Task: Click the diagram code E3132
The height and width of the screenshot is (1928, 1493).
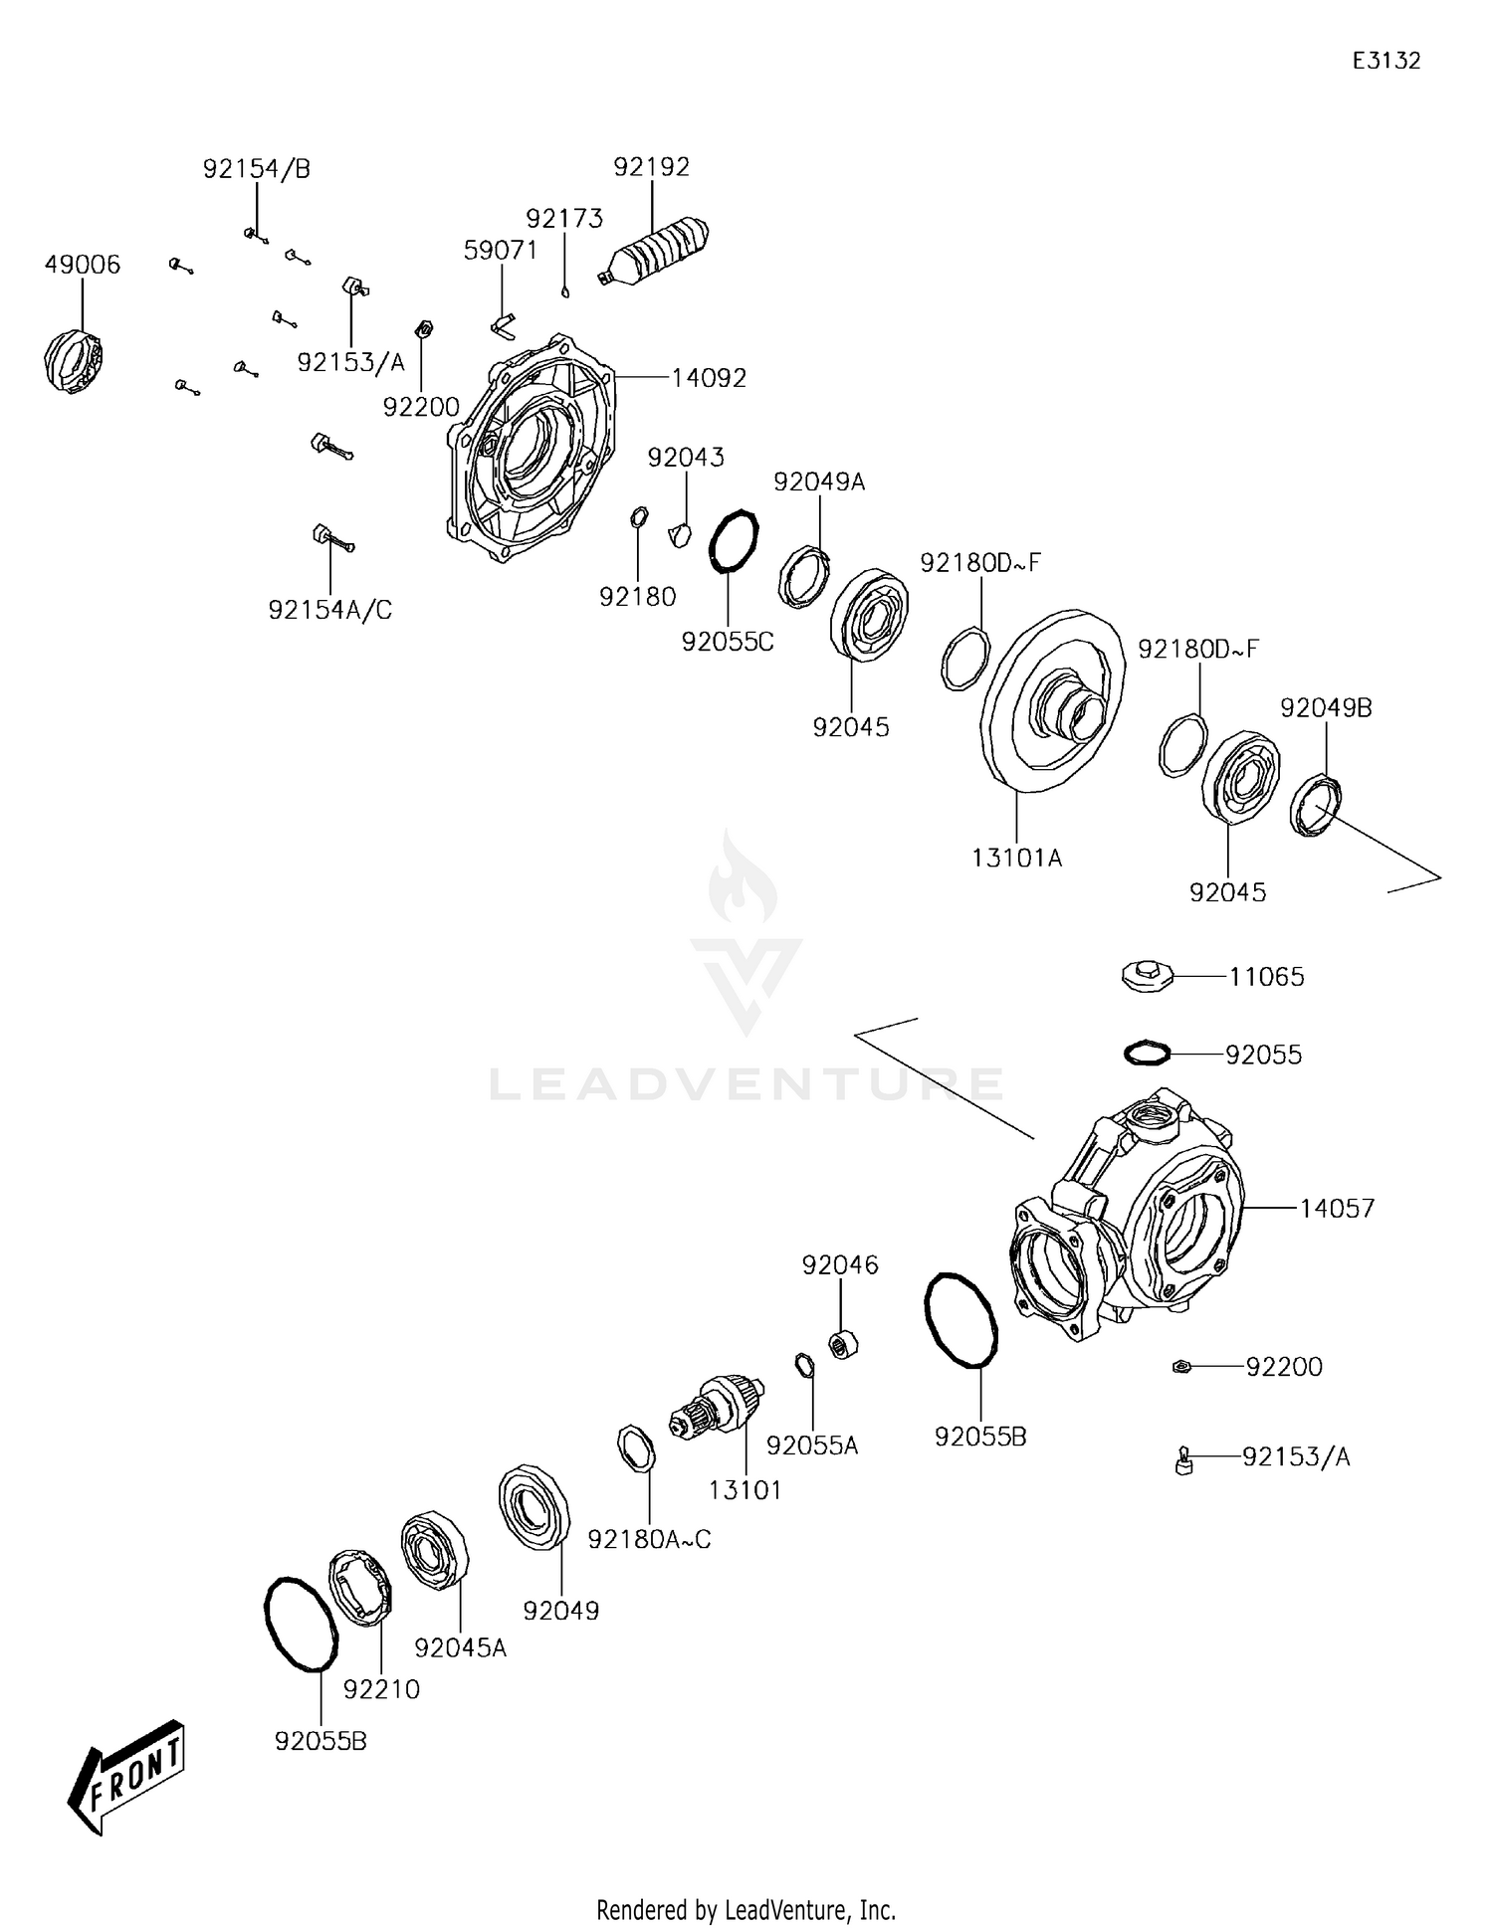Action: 1386,61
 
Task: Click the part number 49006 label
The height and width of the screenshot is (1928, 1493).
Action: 82,265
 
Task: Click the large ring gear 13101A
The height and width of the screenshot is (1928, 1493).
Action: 1053,702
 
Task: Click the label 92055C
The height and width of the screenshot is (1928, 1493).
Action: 727,642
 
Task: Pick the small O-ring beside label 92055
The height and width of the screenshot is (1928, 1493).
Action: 1147,1052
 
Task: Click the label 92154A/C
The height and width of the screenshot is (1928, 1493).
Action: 329,610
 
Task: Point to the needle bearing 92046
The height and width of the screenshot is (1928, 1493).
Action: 844,1345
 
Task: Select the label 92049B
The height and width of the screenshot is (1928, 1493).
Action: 1325,708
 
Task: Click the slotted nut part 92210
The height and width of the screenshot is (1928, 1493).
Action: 359,1587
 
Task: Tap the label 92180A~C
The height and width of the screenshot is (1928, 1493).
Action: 649,1539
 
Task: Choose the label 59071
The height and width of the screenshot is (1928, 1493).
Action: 500,251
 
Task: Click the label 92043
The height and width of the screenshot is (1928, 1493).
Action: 686,458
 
